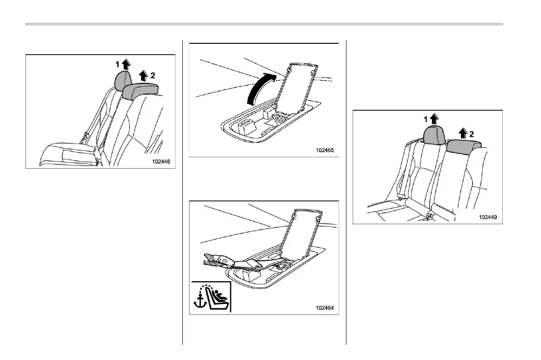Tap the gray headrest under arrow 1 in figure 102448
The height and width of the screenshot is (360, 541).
[x=122, y=81]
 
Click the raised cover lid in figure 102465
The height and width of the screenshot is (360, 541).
[x=296, y=87]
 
